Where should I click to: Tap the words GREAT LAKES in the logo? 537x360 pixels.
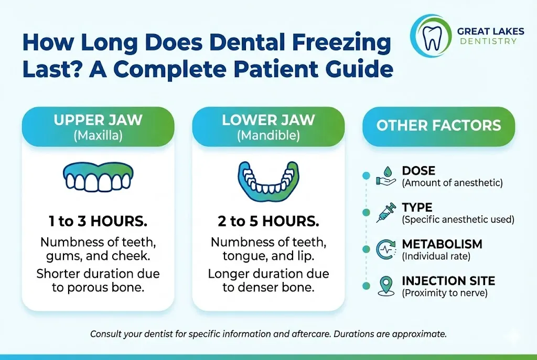[490, 31]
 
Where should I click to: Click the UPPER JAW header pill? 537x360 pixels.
[98, 126]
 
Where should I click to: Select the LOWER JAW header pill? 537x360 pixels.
[268, 126]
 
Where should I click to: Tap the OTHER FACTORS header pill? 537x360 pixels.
[438, 126]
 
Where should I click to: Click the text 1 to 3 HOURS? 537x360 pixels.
[98, 221]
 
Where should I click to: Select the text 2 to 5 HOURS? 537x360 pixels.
[268, 221]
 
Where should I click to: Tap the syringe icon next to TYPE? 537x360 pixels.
[385, 213]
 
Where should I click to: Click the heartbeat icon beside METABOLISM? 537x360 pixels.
[385, 249]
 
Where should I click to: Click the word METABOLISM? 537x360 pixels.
[442, 245]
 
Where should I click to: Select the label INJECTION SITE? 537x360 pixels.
[448, 281]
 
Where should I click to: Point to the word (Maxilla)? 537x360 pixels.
[98, 135]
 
